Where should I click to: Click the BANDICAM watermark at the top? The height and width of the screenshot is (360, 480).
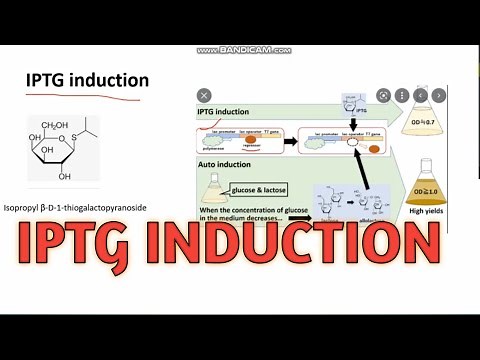tap(244, 49)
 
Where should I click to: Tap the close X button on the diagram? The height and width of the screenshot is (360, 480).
tap(204, 95)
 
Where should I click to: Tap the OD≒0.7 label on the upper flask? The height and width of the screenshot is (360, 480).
tap(430, 123)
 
